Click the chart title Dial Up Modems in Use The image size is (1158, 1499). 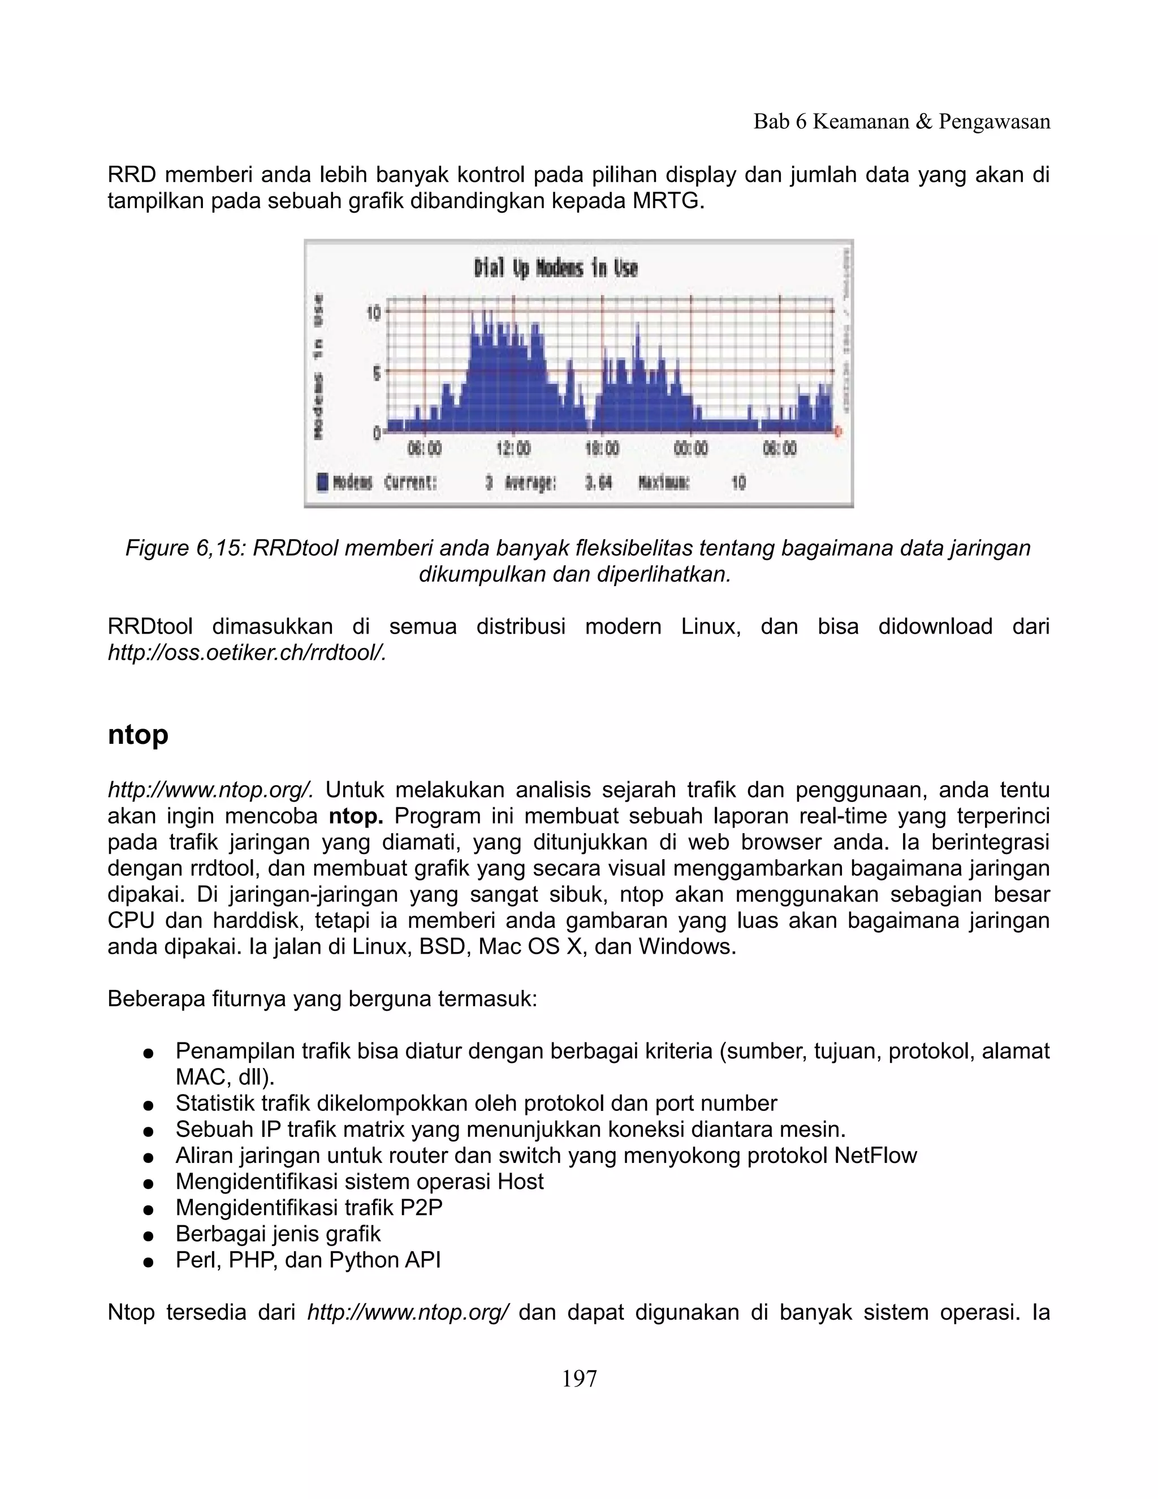[x=556, y=268]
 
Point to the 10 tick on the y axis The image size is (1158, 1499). [x=374, y=313]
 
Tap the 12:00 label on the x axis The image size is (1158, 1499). [x=513, y=449]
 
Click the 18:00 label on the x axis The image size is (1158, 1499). [x=602, y=449]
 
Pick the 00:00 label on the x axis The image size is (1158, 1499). [x=691, y=449]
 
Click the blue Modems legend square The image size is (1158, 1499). [x=323, y=483]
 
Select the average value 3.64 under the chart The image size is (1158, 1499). [x=598, y=483]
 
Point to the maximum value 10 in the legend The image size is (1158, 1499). [x=738, y=483]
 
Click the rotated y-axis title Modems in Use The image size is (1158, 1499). [x=318, y=367]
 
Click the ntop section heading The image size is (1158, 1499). [x=138, y=734]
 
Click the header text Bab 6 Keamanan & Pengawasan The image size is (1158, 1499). [x=901, y=122]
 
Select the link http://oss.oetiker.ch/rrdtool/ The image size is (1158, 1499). [x=247, y=653]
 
